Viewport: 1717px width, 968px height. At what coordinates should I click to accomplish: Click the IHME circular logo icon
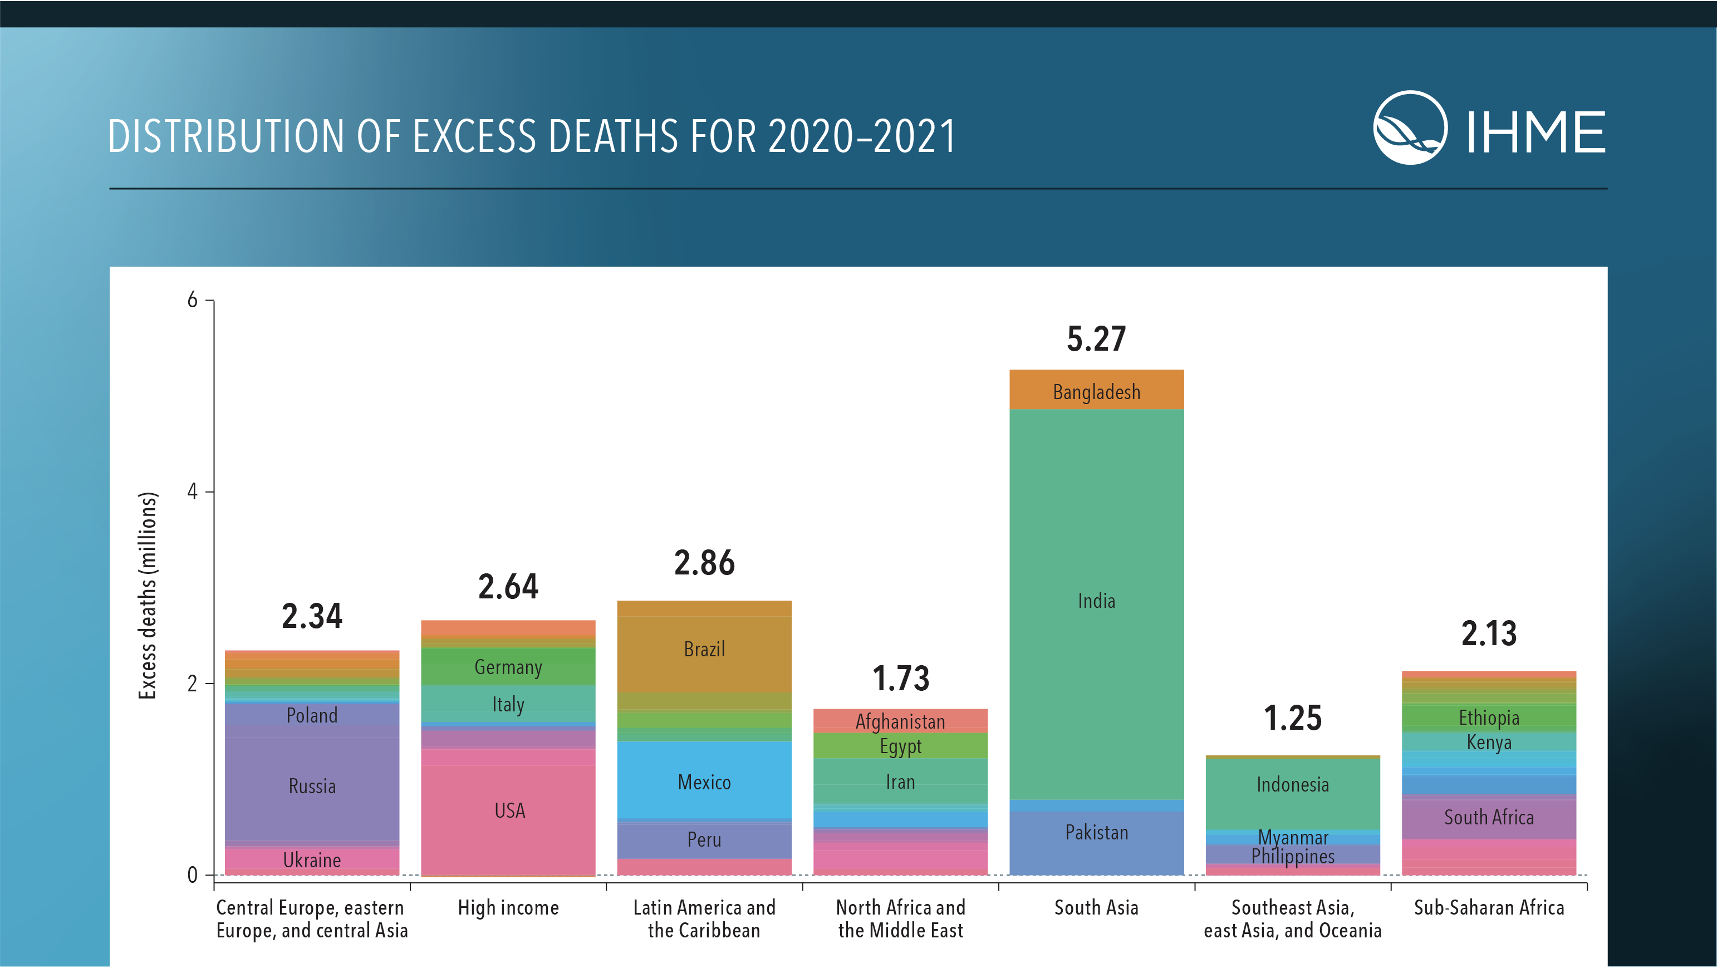click(1410, 127)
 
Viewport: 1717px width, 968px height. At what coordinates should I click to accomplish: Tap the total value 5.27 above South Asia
click(1096, 339)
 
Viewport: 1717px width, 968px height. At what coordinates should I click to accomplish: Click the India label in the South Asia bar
click(1096, 601)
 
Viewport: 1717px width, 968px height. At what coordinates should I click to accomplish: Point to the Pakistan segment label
click(1096, 832)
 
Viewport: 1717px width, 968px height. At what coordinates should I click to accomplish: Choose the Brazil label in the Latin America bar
click(704, 649)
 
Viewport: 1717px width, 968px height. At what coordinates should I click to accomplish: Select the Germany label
click(508, 667)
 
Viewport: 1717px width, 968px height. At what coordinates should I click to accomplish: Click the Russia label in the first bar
click(312, 786)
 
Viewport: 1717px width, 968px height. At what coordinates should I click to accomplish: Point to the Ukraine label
click(312, 860)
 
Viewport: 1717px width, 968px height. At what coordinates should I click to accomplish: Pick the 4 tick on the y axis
click(193, 492)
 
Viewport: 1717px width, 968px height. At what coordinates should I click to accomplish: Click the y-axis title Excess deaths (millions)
click(148, 596)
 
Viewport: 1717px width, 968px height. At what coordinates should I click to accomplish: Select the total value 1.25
click(1292, 718)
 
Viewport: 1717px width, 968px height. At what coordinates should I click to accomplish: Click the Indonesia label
click(1292, 784)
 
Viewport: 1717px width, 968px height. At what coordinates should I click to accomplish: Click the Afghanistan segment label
click(900, 721)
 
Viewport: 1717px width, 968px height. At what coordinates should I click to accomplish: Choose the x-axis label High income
click(508, 907)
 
